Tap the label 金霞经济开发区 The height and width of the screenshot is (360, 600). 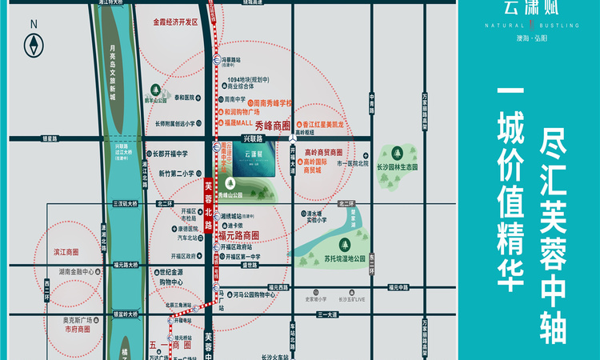[x=170, y=22]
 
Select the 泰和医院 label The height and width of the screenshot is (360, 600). [x=181, y=97]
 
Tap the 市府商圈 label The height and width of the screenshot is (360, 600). [x=77, y=329]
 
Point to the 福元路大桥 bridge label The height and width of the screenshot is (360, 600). [x=119, y=264]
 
